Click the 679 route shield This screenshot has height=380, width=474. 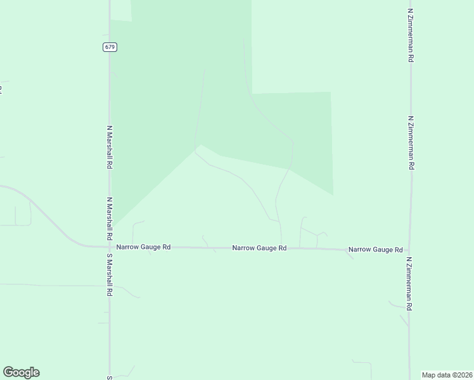(110, 47)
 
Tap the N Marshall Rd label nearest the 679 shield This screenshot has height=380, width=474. (110, 147)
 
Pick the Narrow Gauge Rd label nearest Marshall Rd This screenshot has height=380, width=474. (143, 247)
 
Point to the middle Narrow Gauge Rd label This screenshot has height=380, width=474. (259, 248)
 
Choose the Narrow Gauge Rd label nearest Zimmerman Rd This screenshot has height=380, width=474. (375, 250)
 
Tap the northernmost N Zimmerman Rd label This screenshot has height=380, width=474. (411, 35)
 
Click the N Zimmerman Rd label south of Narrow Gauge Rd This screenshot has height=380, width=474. (410, 283)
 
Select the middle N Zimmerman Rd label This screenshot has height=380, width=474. (411, 142)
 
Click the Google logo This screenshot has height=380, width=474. (21, 372)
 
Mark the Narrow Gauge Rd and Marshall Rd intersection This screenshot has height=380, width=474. (110, 247)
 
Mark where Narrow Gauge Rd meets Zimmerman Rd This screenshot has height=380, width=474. (409, 251)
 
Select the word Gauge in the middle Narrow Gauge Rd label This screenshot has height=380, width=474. (266, 248)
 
